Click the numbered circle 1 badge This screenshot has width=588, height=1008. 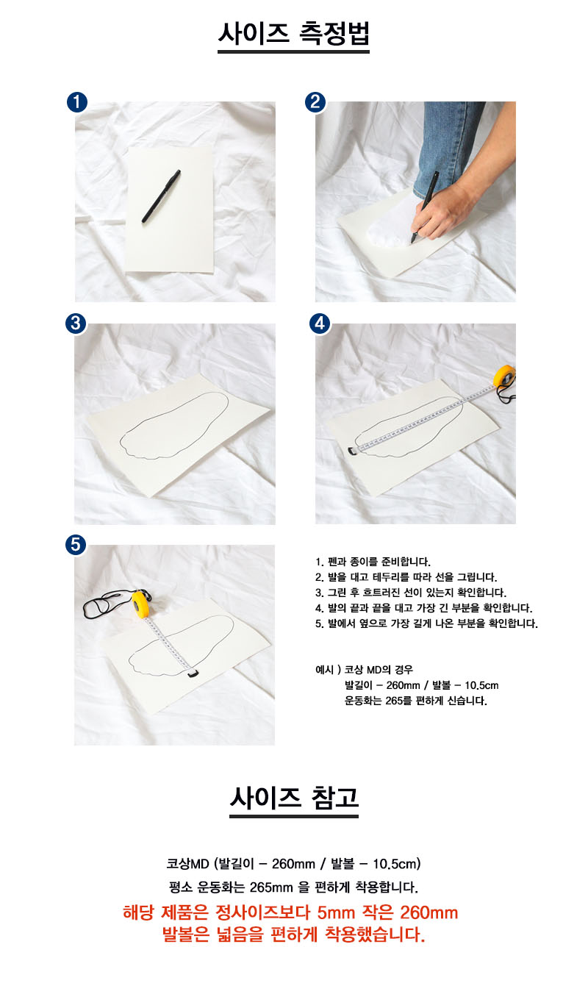[77, 102]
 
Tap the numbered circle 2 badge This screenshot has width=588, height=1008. [315, 102]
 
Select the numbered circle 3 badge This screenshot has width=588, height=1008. [76, 323]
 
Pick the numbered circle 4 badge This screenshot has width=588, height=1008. [320, 323]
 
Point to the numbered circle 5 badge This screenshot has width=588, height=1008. [76, 545]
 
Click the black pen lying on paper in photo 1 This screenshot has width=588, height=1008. [161, 196]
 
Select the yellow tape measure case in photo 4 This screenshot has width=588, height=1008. [504, 376]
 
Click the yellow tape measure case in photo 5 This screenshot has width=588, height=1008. [141, 603]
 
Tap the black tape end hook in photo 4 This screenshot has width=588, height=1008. [352, 451]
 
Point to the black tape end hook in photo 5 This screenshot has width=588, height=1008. [193, 673]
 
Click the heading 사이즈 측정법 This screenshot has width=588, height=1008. [294, 33]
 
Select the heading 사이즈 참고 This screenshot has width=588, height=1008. [294, 798]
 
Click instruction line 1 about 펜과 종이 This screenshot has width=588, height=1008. [373, 562]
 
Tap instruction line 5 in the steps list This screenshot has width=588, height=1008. [426, 623]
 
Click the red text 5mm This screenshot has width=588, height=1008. [336, 912]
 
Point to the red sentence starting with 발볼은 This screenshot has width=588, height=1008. [294, 934]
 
